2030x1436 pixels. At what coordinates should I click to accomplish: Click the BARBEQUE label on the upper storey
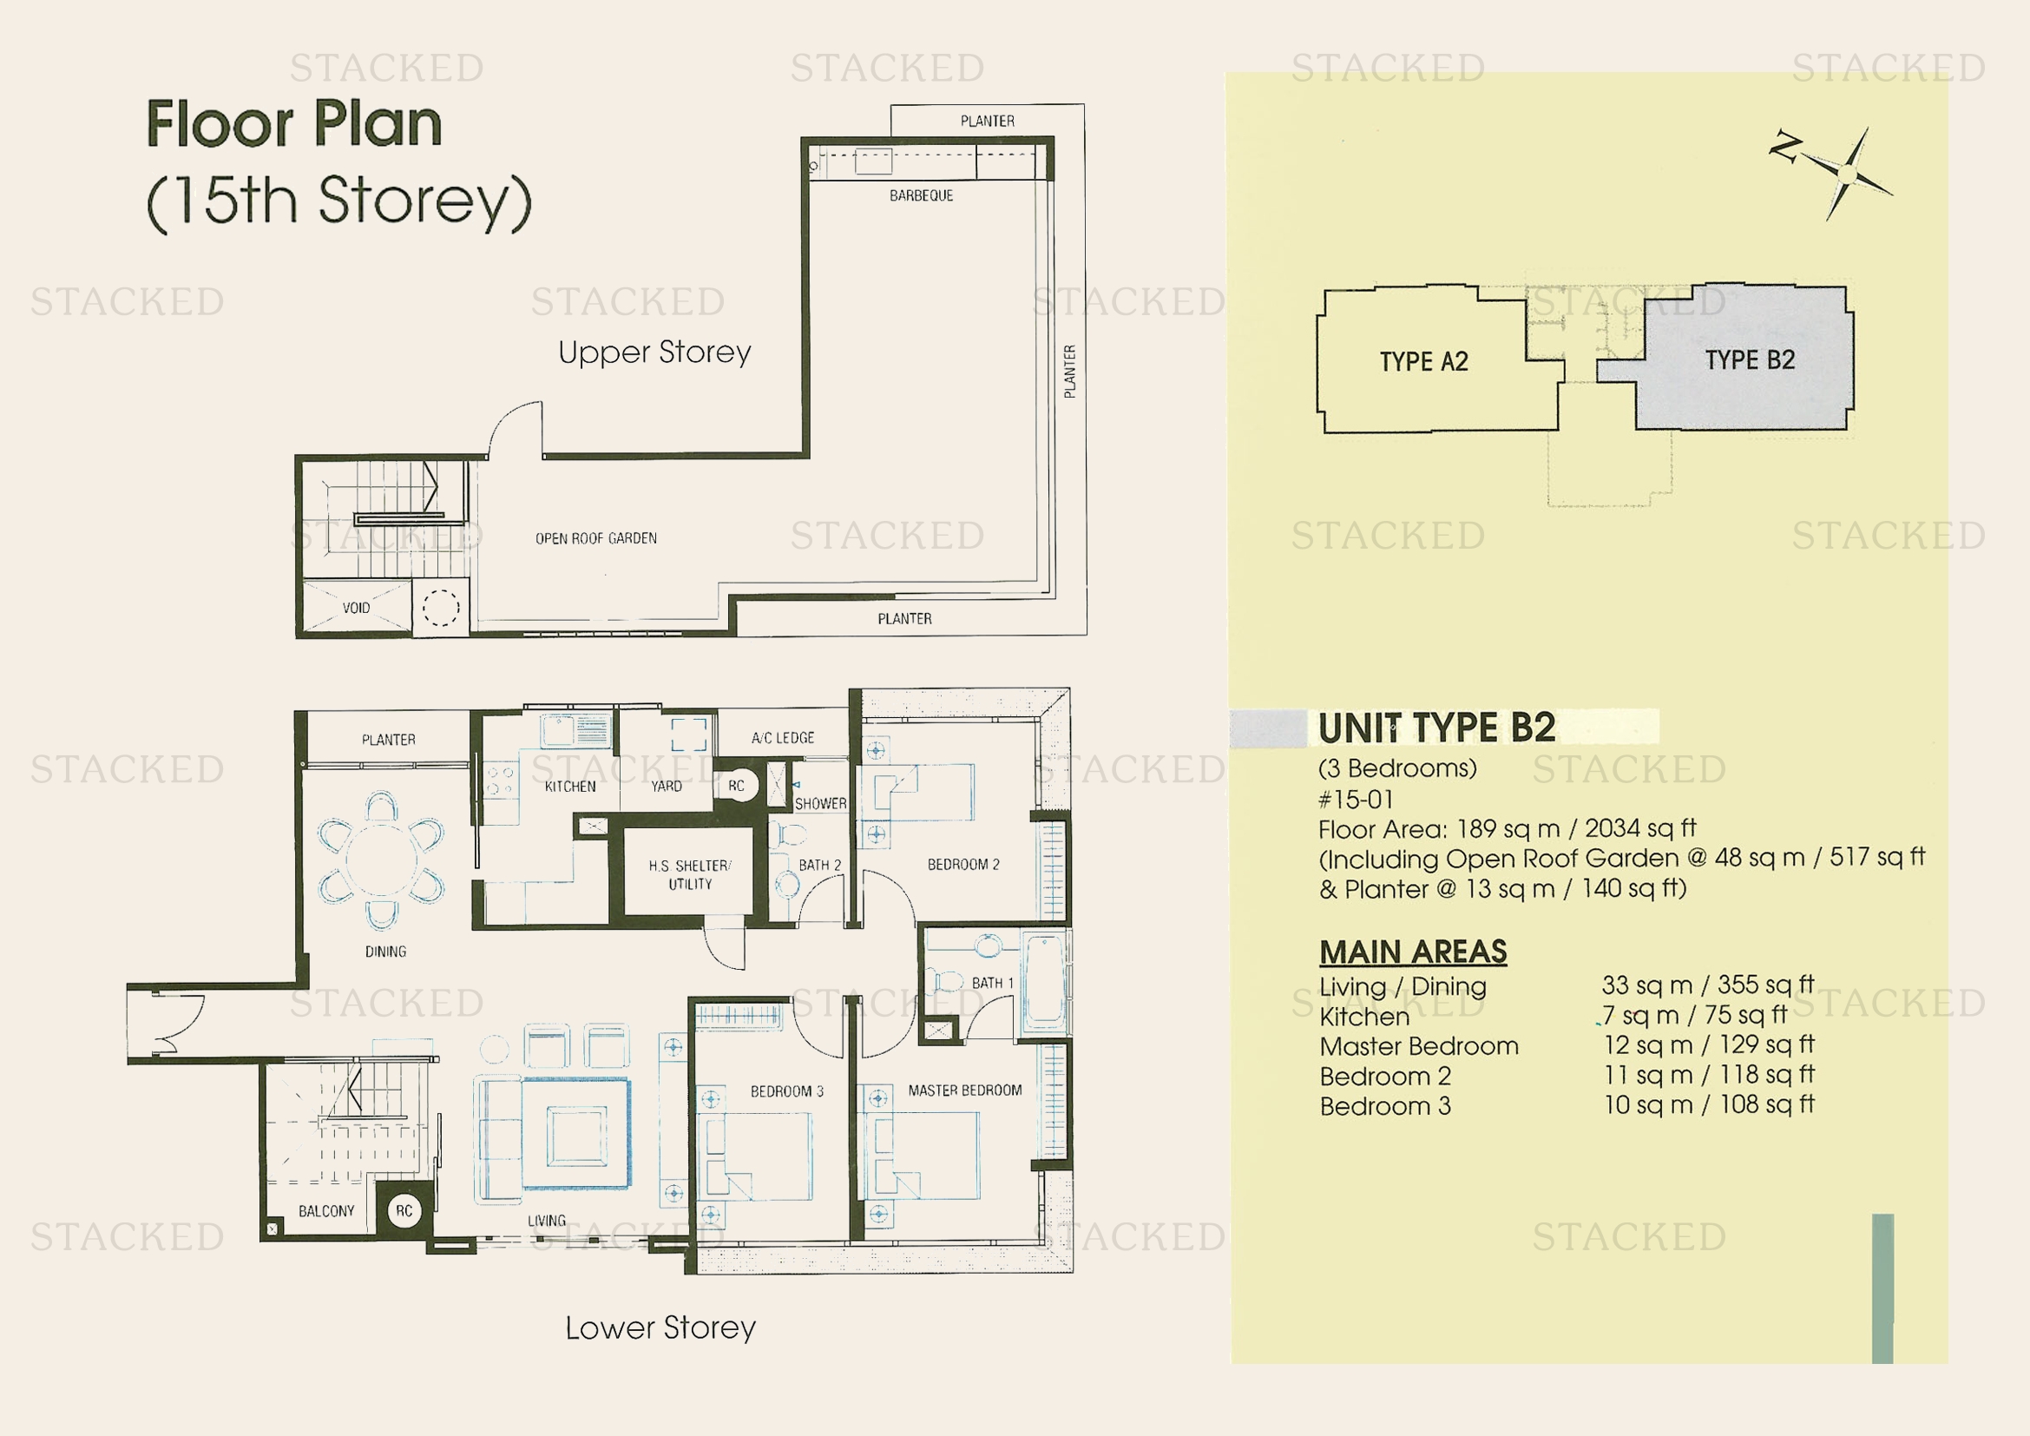(x=922, y=195)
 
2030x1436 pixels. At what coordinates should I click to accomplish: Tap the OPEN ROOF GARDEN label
(x=596, y=538)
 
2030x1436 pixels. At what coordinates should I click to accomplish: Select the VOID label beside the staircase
(x=357, y=609)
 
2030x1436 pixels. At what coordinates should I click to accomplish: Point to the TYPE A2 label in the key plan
(x=1424, y=362)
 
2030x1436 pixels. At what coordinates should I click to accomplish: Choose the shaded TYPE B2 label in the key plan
(x=1750, y=360)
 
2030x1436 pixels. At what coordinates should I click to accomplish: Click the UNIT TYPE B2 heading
(x=1436, y=728)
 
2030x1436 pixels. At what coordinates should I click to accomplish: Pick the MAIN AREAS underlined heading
(x=1413, y=952)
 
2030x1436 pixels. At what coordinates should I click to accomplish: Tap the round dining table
(x=382, y=860)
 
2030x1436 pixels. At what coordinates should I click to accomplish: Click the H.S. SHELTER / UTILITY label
(x=690, y=874)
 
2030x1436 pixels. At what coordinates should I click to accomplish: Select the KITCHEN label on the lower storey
(x=570, y=786)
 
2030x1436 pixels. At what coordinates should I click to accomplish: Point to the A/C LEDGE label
(x=784, y=737)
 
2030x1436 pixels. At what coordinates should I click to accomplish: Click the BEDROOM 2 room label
(x=963, y=864)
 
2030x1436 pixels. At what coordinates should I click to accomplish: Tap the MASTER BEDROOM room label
(x=964, y=1090)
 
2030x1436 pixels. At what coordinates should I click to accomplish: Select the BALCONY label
(x=326, y=1211)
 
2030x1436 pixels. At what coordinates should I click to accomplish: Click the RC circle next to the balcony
(x=404, y=1210)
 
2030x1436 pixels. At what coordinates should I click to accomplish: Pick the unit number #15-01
(x=1356, y=800)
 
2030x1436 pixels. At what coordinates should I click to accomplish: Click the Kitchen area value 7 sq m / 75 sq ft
(x=1695, y=1014)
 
